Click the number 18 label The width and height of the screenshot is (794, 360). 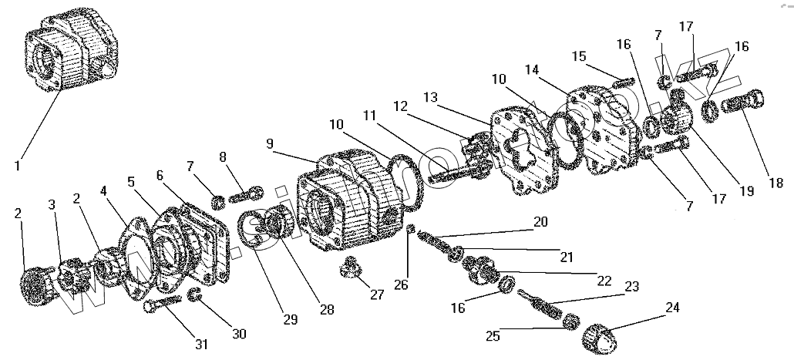[776, 183]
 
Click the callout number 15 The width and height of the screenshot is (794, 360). [580, 56]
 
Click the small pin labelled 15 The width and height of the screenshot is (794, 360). [621, 80]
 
